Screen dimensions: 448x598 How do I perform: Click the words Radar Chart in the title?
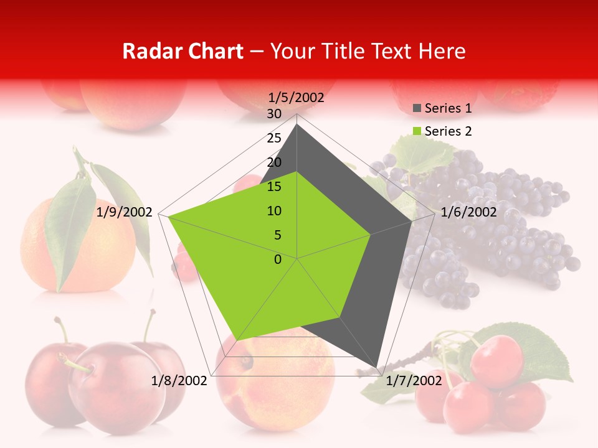[x=183, y=51]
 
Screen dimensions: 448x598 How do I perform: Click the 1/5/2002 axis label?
[x=296, y=98]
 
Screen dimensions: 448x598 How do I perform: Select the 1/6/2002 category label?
[x=468, y=212]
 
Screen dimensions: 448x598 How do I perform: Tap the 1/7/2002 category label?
[x=414, y=380]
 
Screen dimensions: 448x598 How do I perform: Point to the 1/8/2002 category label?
[x=179, y=380]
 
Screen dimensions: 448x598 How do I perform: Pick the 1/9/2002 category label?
[x=125, y=212]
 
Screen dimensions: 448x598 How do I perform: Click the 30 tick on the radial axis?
[x=274, y=114]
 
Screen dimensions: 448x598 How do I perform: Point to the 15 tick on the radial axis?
[x=274, y=187]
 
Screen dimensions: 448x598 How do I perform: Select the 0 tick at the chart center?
[x=278, y=259]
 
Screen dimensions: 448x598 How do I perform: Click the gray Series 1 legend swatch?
[x=417, y=109]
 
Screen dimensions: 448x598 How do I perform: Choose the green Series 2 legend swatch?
[x=417, y=131]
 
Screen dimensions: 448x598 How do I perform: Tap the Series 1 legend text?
[x=448, y=109]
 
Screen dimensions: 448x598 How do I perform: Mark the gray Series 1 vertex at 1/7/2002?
[x=377, y=366]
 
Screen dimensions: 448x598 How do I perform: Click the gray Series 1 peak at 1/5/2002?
[x=297, y=124]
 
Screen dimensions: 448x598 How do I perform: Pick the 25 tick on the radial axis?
[x=274, y=138]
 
